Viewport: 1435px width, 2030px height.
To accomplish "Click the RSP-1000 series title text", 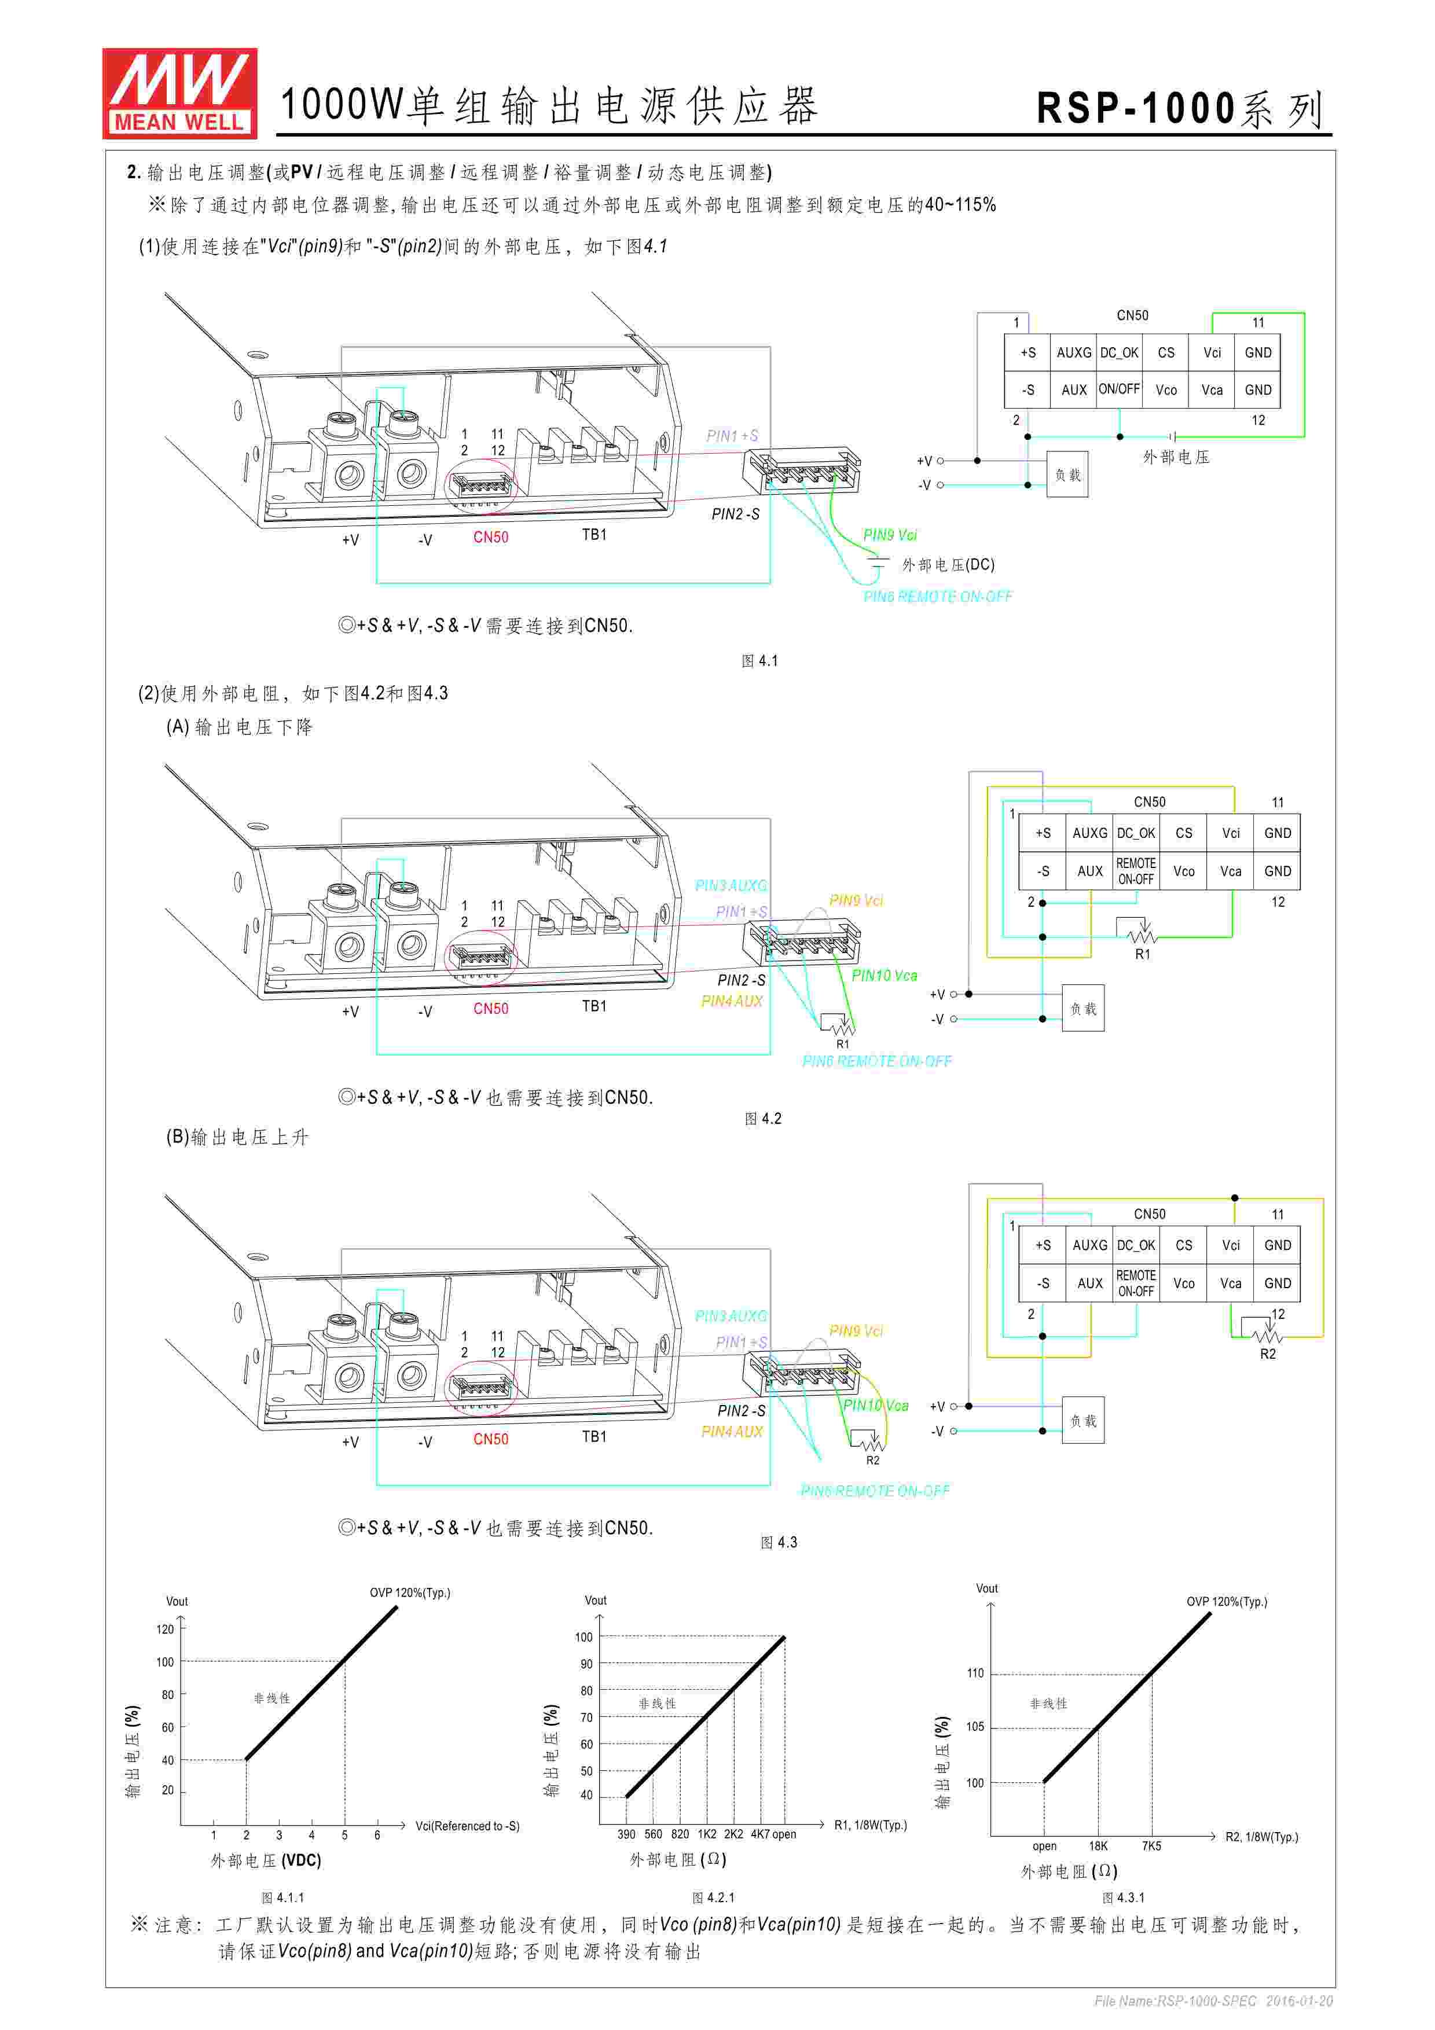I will click(x=1180, y=109).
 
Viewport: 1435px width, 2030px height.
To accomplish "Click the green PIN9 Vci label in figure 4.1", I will click(x=890, y=535).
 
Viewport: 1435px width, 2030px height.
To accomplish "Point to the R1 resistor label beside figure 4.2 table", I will click(x=1142, y=954).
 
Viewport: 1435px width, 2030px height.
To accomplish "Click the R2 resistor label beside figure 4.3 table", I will click(x=1267, y=1354).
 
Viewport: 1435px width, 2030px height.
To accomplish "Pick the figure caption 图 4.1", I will click(x=759, y=660).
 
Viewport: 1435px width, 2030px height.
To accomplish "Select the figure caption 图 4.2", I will click(x=763, y=1119).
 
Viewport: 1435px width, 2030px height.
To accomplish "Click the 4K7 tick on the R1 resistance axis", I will click(x=761, y=1834).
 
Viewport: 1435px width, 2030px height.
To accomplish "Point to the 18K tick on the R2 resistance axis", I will click(x=1098, y=1846).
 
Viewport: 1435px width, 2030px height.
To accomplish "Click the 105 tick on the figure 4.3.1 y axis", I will click(x=974, y=1727).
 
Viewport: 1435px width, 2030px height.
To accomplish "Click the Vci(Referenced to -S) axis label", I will click(x=467, y=1826).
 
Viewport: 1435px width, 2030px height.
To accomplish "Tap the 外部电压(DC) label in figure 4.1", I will click(x=948, y=565).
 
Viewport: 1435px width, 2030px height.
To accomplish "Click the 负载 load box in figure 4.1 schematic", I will click(x=1067, y=475).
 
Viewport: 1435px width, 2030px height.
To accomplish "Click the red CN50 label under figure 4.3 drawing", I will click(x=491, y=1439).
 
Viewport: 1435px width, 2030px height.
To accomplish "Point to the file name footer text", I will click(x=1213, y=2001).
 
